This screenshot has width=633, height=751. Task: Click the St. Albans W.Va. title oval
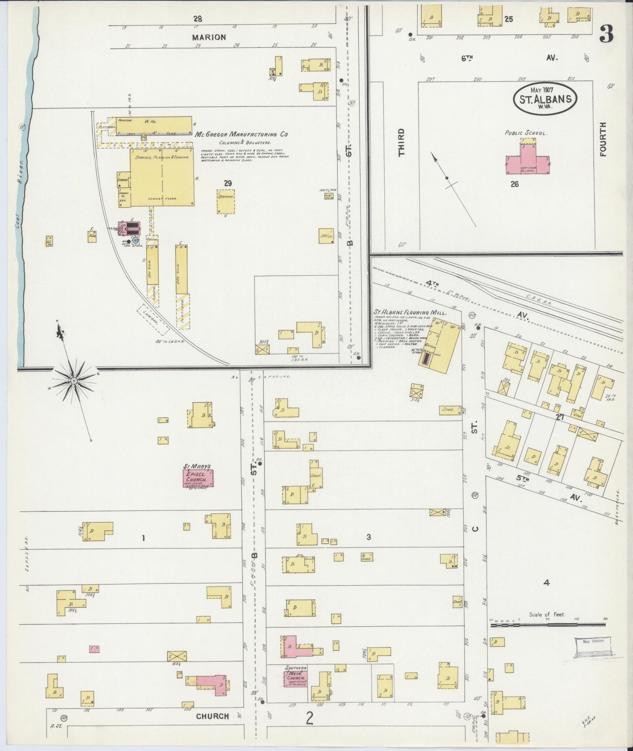tap(545, 99)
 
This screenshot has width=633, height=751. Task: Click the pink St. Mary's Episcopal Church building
tap(198, 478)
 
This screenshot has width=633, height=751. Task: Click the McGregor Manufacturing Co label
tap(241, 135)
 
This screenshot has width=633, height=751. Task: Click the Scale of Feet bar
tap(548, 625)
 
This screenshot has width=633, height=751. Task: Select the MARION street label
tap(209, 37)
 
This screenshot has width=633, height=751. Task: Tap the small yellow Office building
tap(326, 236)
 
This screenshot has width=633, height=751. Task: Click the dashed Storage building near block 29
tap(226, 201)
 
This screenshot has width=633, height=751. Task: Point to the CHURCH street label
tap(212, 716)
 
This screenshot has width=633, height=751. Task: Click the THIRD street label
tap(401, 142)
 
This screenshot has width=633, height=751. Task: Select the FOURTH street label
tap(602, 139)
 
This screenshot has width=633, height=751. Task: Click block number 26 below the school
tap(514, 184)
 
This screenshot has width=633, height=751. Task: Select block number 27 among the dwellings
tap(559, 417)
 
